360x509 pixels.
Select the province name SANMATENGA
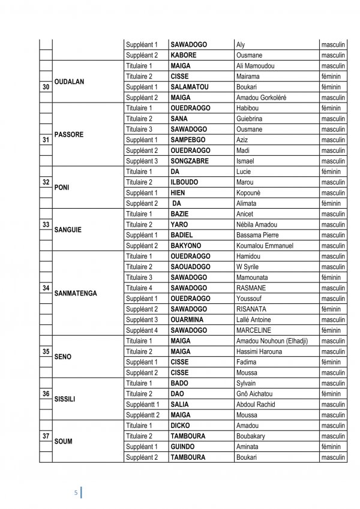tap(79, 293)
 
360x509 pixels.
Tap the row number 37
tap(46, 435)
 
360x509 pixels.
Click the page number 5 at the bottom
tap(76, 492)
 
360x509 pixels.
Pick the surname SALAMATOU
tap(190, 87)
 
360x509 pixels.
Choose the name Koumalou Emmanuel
tap(265, 246)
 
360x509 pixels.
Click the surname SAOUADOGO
tap(190, 267)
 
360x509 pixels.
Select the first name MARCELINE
tap(254, 330)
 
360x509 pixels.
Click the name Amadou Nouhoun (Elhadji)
tap(272, 341)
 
